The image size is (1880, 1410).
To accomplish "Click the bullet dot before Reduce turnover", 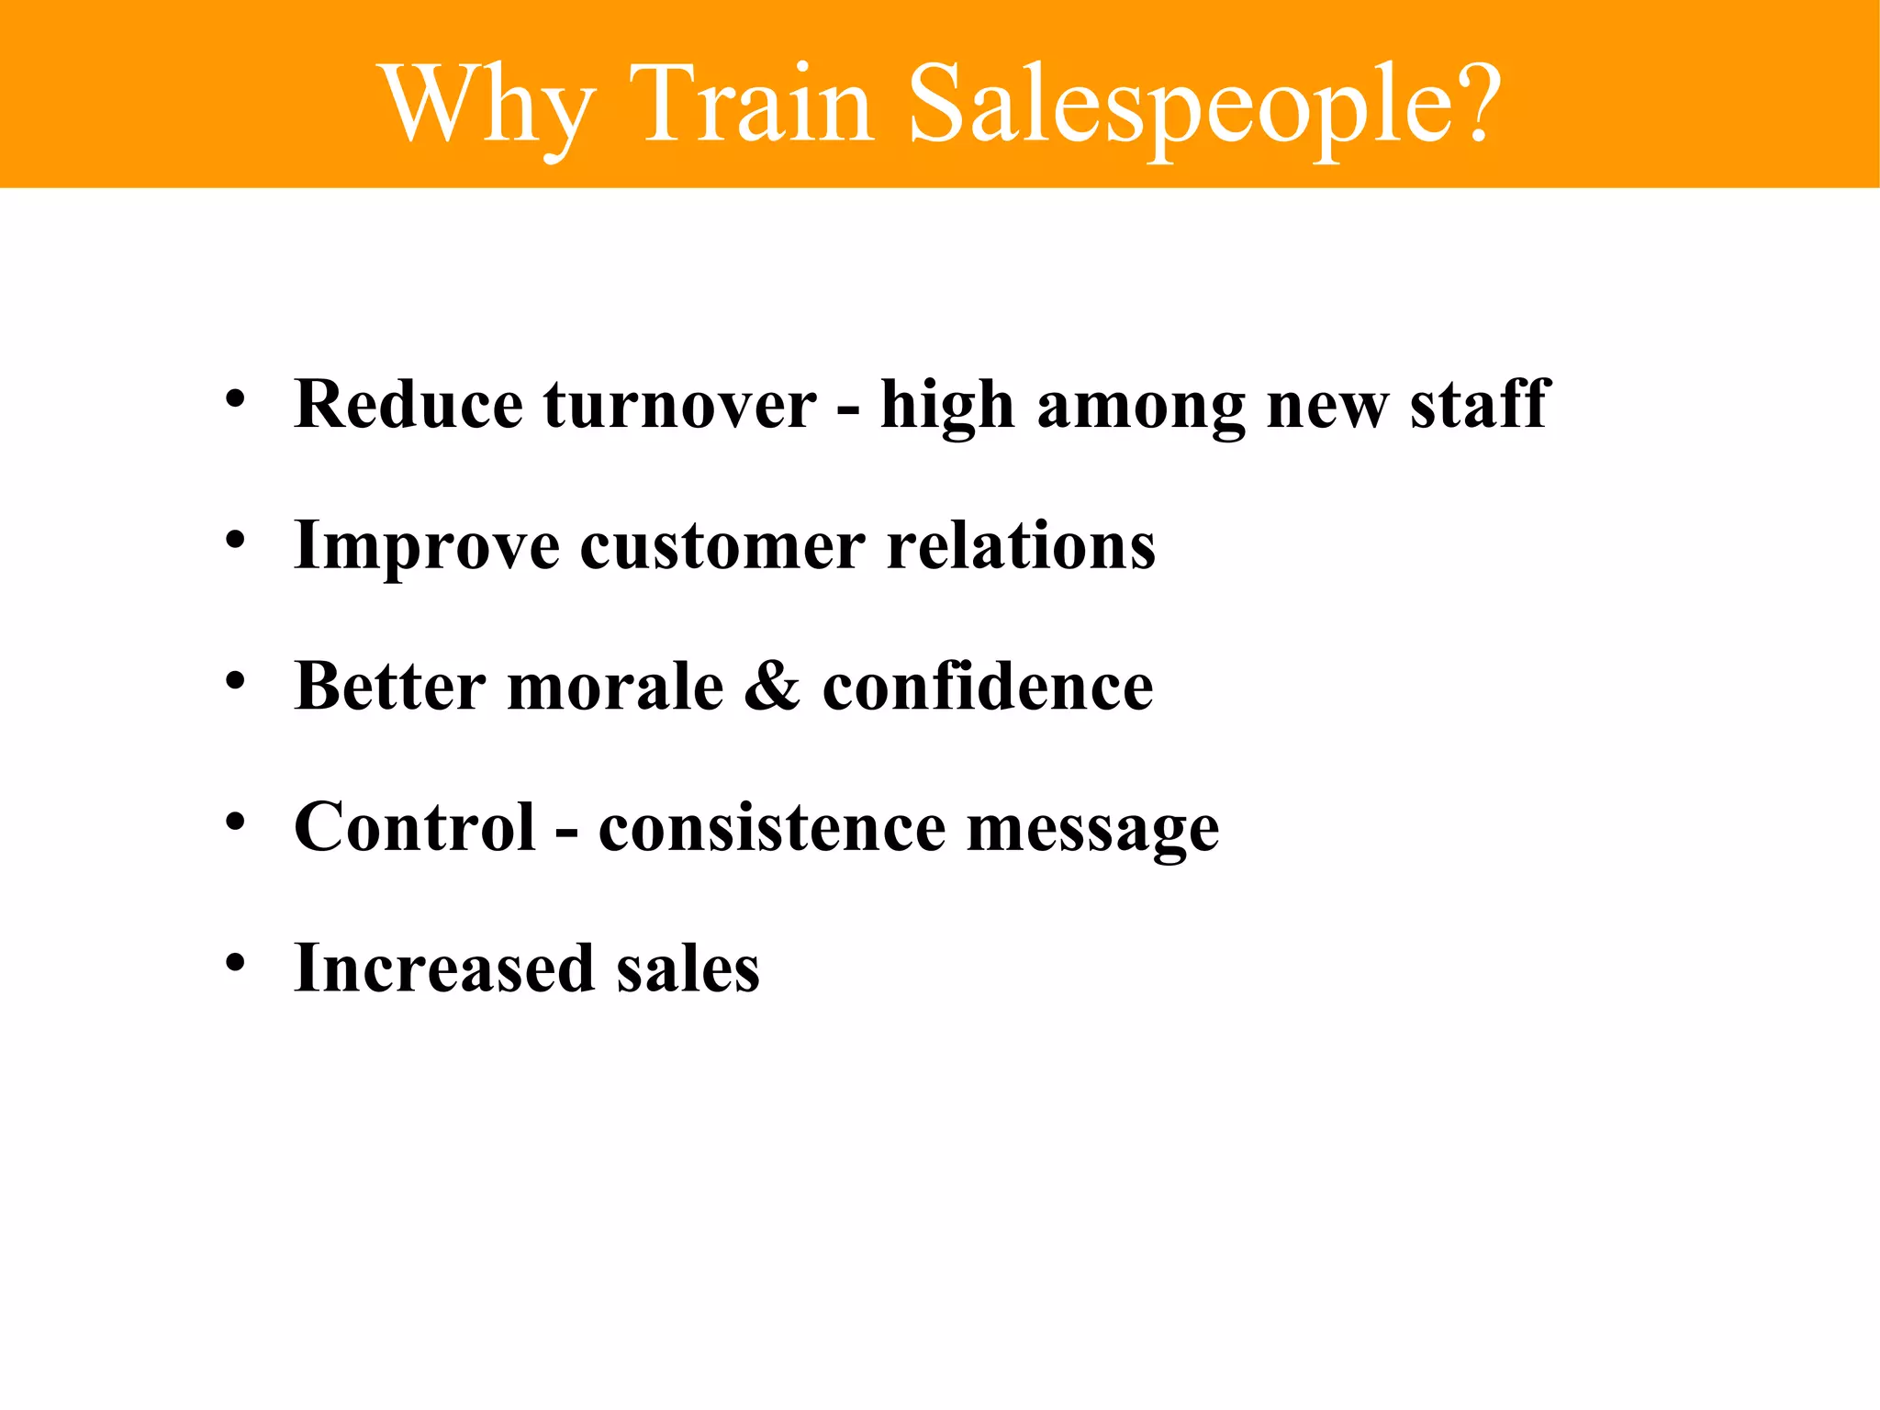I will tap(236, 399).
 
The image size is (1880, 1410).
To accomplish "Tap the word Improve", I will tap(426, 547).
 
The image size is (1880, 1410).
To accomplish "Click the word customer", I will tap(722, 547).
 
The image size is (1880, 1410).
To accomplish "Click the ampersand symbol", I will tap(772, 686).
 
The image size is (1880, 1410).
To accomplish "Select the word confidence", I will tap(988, 686).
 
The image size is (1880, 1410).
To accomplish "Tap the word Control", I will tap(415, 827).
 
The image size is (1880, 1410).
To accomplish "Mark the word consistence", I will tap(771, 827).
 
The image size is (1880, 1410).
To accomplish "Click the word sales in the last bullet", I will tap(688, 968).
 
